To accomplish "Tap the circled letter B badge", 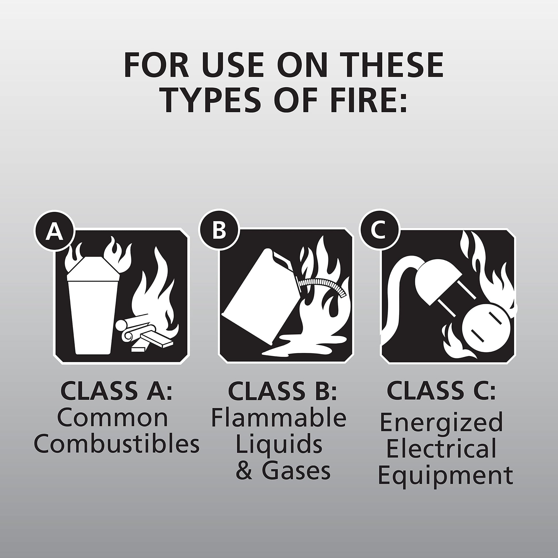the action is click(219, 231).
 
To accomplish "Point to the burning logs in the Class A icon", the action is click(145, 334).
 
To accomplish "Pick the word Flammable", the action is click(279, 418).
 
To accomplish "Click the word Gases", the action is click(296, 472).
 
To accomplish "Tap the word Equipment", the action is click(445, 477).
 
